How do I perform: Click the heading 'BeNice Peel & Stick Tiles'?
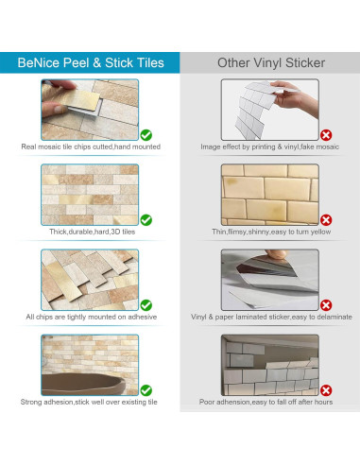point(91,63)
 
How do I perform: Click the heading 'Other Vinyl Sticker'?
point(270,63)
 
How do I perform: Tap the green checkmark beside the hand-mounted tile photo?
point(146,134)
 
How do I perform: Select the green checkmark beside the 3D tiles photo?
point(146,219)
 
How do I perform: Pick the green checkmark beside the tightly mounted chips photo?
point(146,304)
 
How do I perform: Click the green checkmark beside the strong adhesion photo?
point(146,389)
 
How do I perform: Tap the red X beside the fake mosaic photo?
point(326,135)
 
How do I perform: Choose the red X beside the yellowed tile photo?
point(326,219)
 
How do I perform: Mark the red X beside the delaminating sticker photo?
point(326,304)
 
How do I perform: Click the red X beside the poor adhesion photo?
point(326,389)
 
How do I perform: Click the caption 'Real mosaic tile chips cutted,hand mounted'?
point(91,147)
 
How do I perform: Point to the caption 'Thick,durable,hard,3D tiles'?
point(91,232)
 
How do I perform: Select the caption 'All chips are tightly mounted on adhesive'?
point(91,318)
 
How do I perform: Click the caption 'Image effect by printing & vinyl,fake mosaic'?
point(270,147)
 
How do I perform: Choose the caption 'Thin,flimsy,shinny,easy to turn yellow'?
point(270,232)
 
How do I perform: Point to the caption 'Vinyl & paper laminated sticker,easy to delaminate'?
point(270,318)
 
